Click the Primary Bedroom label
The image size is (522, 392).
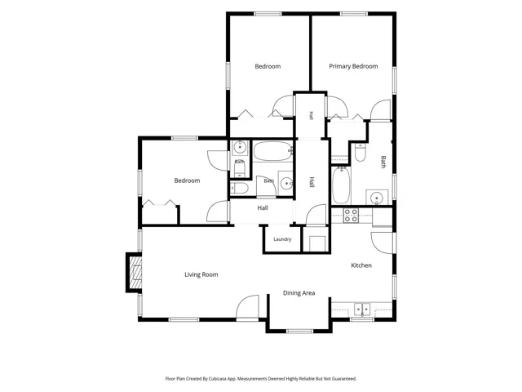[x=353, y=66]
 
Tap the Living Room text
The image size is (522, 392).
[x=201, y=274]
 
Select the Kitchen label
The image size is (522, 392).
[x=361, y=265]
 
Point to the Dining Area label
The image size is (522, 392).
[x=299, y=293]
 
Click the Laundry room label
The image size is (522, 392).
[x=282, y=239]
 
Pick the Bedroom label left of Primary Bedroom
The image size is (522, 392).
[x=268, y=66]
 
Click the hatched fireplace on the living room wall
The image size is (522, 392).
[x=135, y=272]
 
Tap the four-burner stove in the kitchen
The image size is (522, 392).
[x=351, y=216]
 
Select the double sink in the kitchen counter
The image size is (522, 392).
[x=362, y=310]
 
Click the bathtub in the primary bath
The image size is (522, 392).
[x=341, y=185]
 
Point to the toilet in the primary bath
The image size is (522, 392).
[x=360, y=153]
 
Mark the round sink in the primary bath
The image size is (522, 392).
[x=377, y=198]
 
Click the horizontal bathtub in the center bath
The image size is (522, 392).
[x=273, y=151]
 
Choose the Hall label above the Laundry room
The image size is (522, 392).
[x=263, y=208]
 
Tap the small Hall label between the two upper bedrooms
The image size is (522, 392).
[x=311, y=116]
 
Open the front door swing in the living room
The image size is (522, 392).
[x=248, y=308]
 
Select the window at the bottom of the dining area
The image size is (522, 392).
[x=299, y=331]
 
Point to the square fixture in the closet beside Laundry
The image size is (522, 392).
[x=317, y=243]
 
